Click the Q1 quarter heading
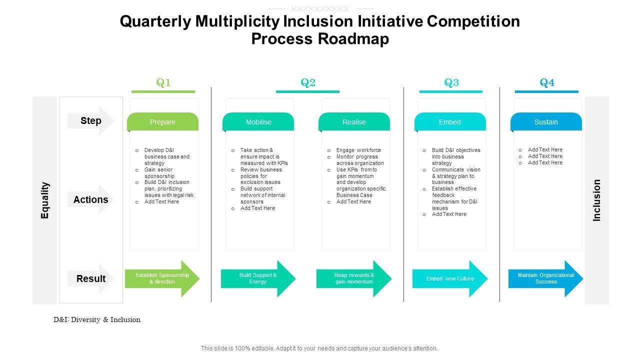click(x=163, y=83)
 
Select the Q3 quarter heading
click(x=451, y=83)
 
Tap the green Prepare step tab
click(x=162, y=122)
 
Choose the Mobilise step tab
click(x=258, y=122)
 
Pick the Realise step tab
click(x=354, y=122)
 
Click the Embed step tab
click(x=450, y=122)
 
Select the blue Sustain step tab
click(x=546, y=122)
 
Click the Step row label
click(x=91, y=120)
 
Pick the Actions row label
click(x=90, y=199)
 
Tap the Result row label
click(x=91, y=278)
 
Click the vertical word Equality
click(x=45, y=200)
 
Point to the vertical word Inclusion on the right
click(x=597, y=200)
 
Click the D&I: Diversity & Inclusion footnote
click(x=97, y=319)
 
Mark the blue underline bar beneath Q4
click(x=546, y=91)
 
